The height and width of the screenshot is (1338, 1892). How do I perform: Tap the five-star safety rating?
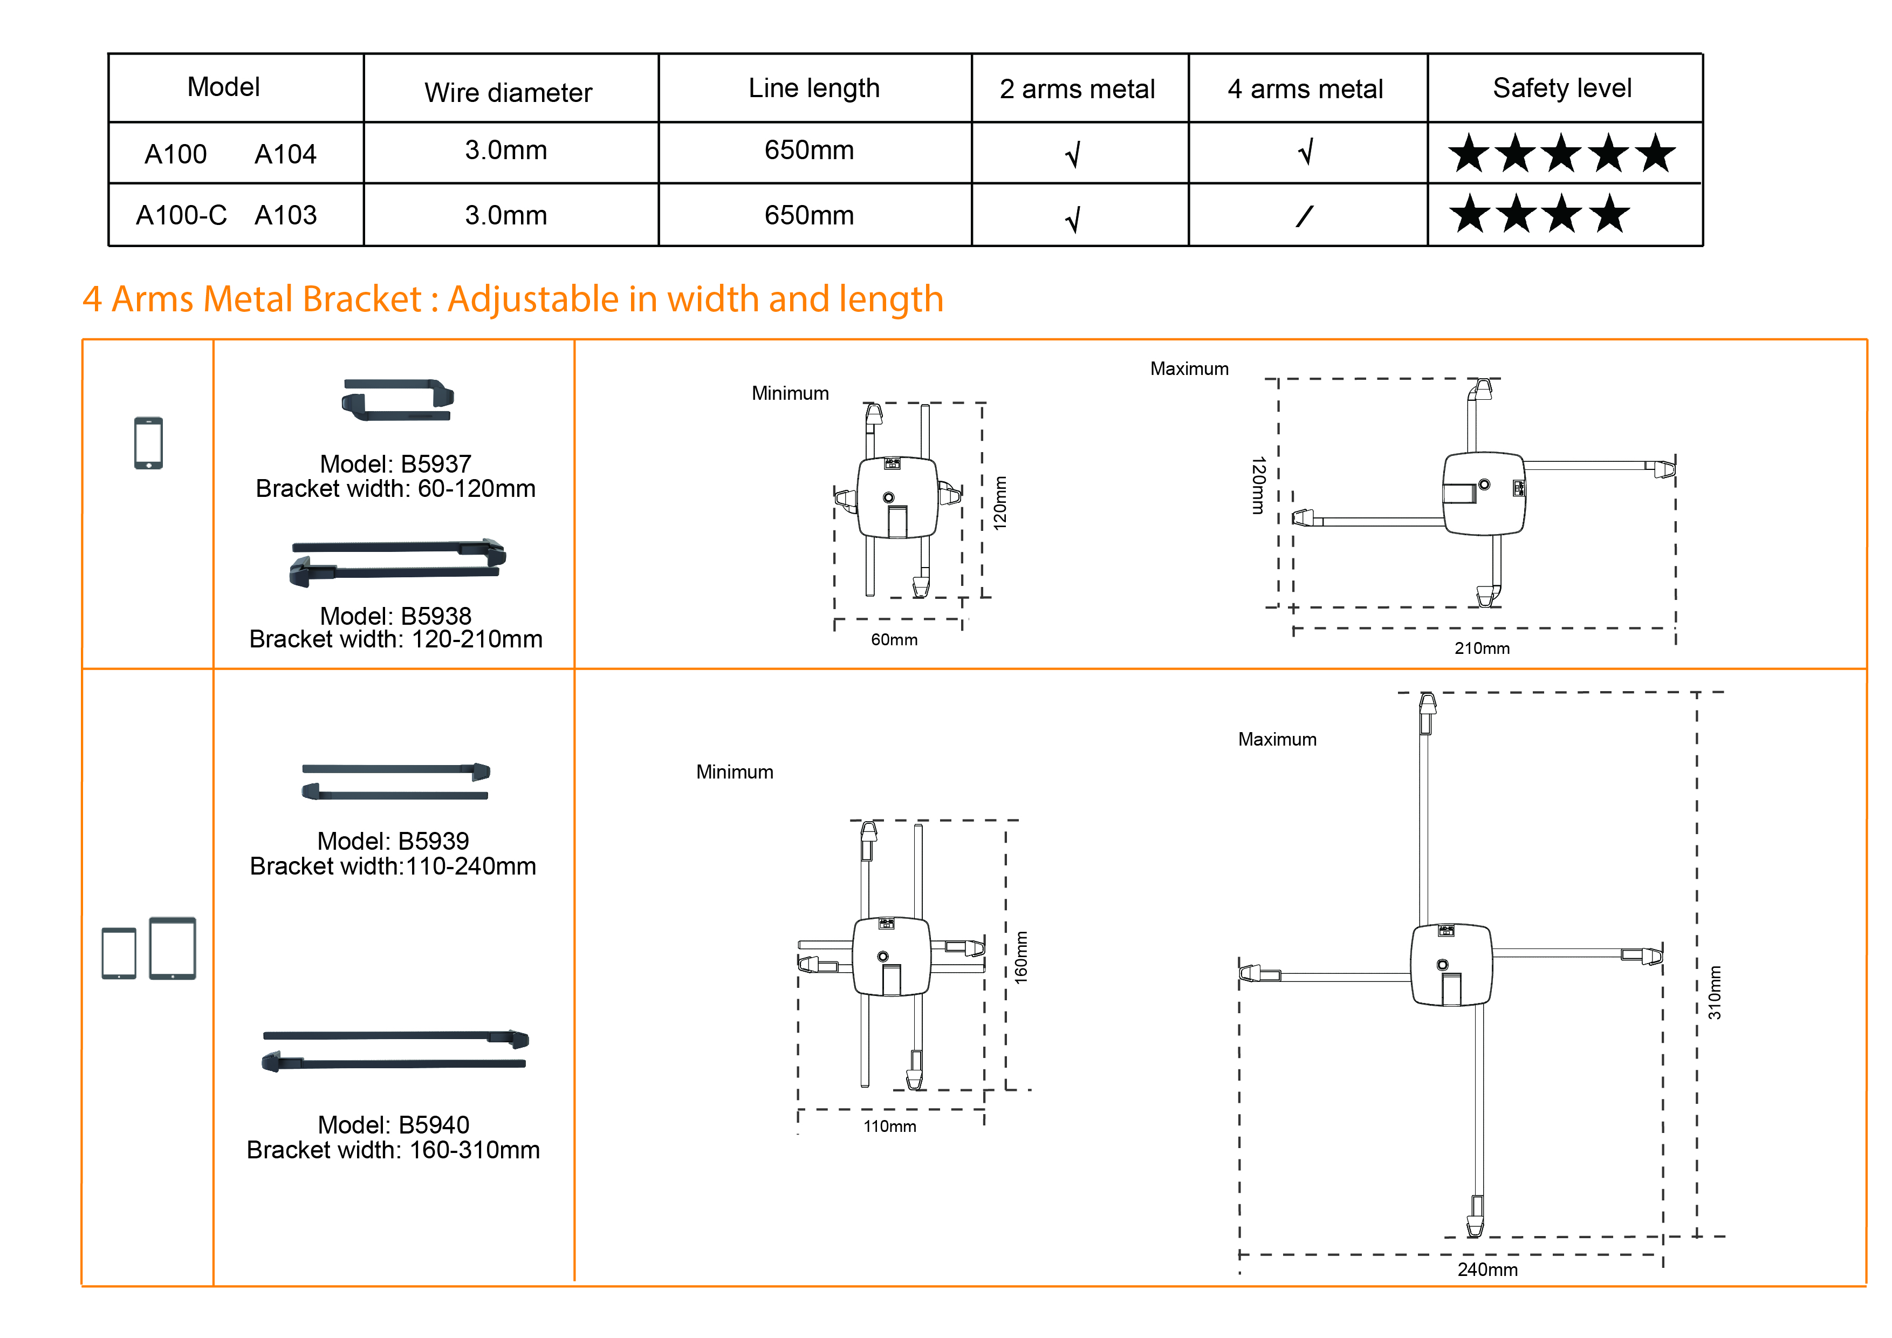1561,153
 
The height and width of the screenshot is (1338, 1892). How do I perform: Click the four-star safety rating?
1539,214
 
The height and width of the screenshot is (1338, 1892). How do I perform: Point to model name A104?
285,154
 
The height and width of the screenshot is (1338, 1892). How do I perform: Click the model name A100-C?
181,215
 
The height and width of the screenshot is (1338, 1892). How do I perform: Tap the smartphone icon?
148,443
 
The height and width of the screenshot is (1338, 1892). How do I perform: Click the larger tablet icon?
172,947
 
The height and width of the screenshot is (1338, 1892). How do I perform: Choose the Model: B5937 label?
395,463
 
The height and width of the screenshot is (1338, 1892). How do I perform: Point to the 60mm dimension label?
894,640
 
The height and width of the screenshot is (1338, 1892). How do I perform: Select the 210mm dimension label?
1482,648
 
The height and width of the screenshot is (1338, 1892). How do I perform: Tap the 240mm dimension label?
1487,1269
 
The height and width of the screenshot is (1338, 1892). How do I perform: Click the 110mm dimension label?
889,1126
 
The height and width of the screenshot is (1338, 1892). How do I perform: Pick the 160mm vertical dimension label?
1021,957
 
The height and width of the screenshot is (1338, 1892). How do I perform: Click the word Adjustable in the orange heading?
532,299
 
